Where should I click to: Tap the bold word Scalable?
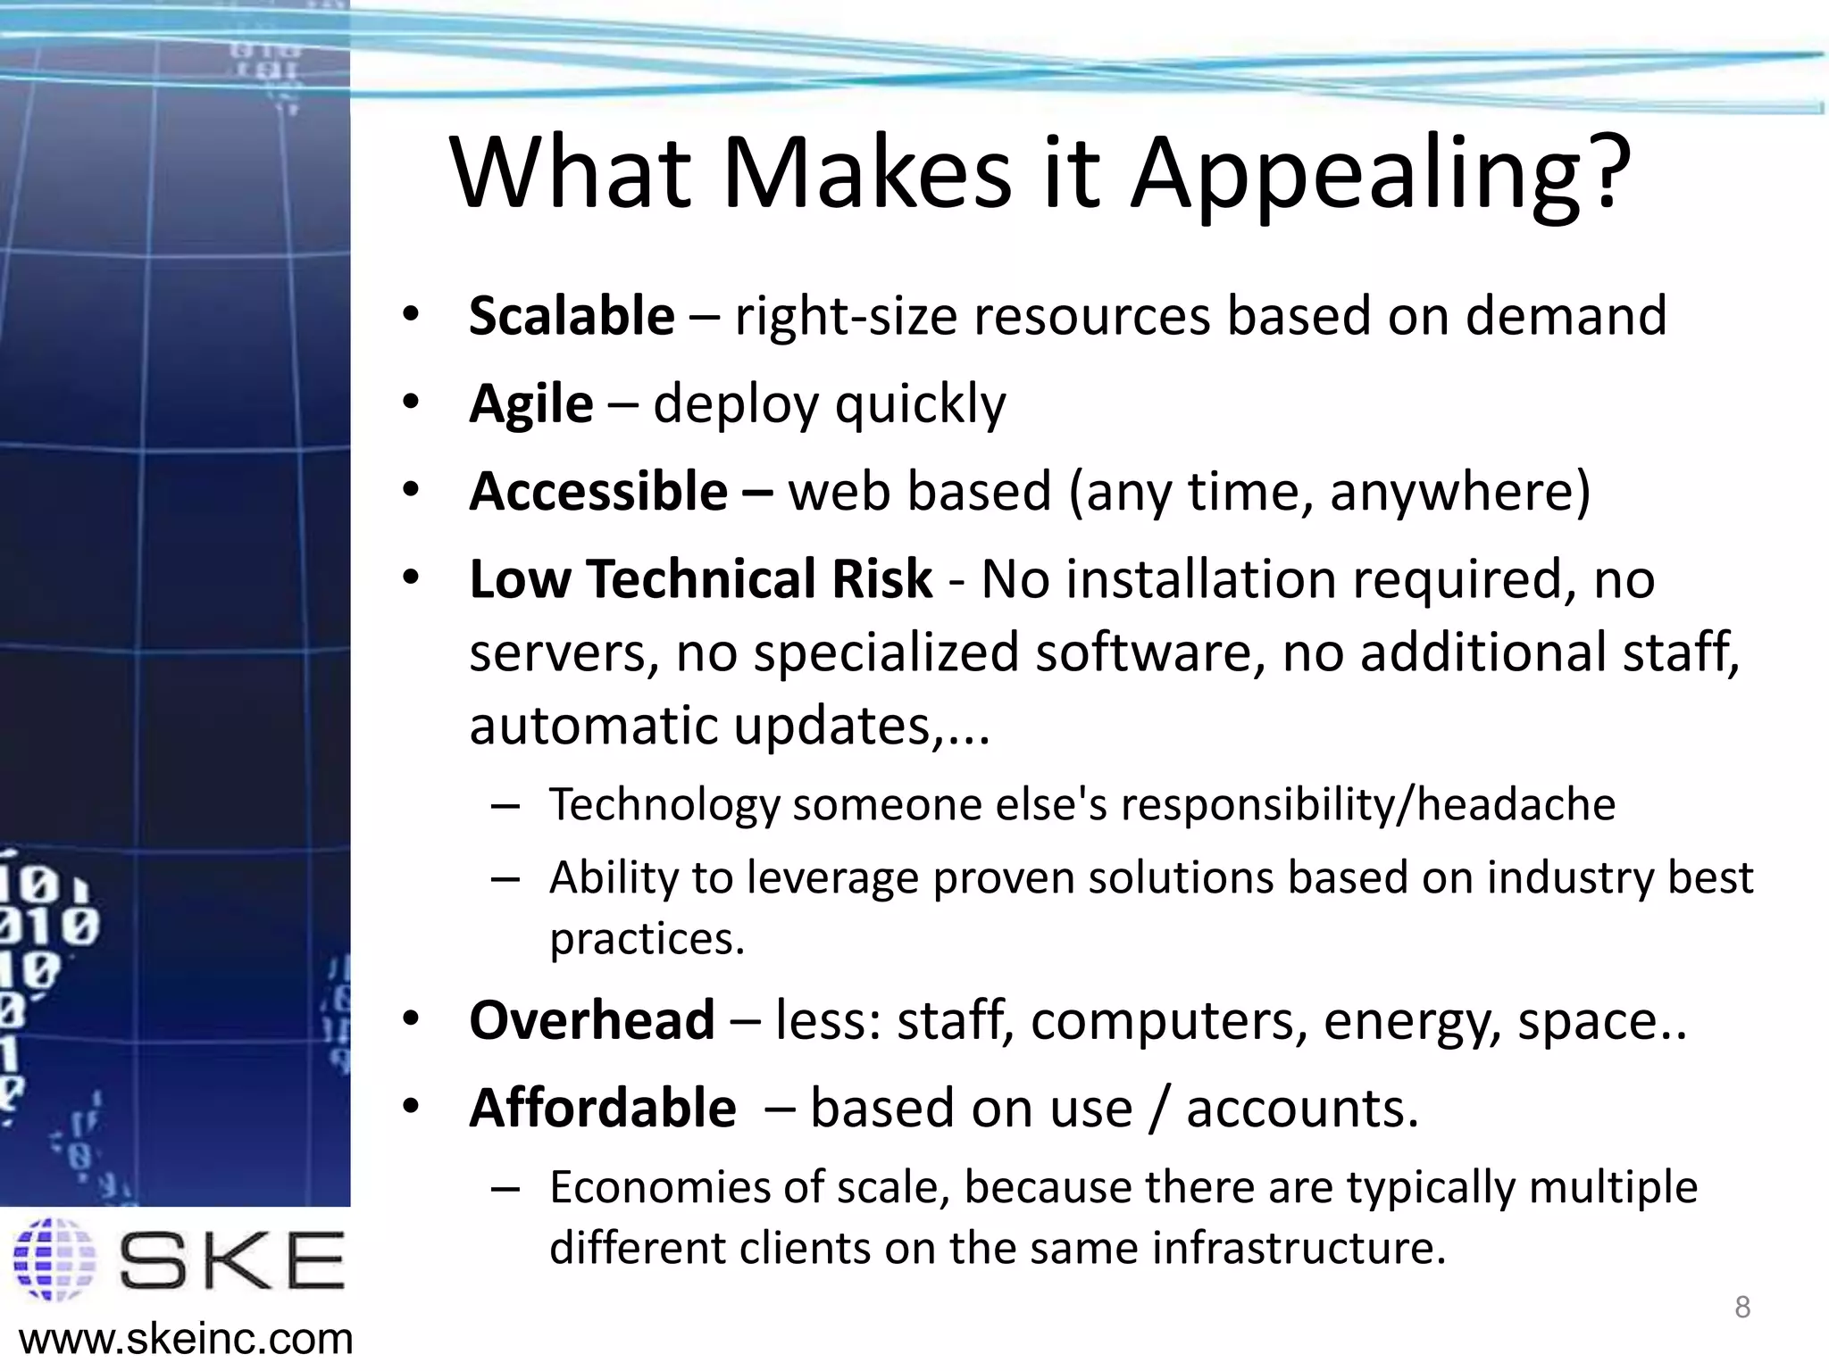click(x=572, y=316)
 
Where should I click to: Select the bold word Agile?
click(x=530, y=403)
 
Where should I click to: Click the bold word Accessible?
click(x=598, y=491)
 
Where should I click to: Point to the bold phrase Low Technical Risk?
click(x=701, y=578)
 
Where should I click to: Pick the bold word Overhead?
click(x=592, y=1019)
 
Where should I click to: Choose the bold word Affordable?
click(x=603, y=1108)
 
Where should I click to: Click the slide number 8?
click(x=1741, y=1308)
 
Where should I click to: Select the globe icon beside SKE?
click(x=55, y=1259)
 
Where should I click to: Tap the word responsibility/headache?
click(x=1368, y=805)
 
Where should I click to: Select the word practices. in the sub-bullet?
click(x=647, y=939)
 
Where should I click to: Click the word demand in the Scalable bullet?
click(x=1566, y=316)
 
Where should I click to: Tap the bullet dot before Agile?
click(x=410, y=403)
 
